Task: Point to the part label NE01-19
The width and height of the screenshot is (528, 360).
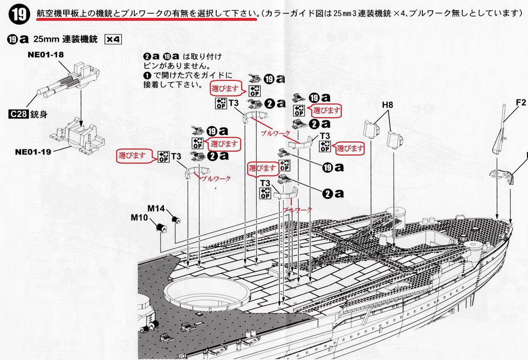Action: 33,152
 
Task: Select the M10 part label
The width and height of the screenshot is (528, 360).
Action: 139,217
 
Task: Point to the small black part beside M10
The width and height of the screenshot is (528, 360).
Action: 161,226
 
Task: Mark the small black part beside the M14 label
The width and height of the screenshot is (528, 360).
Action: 176,219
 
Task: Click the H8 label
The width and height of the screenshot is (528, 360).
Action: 387,105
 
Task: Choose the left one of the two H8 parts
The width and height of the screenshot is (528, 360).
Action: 371,128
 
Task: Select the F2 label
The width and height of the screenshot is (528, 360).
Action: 521,102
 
